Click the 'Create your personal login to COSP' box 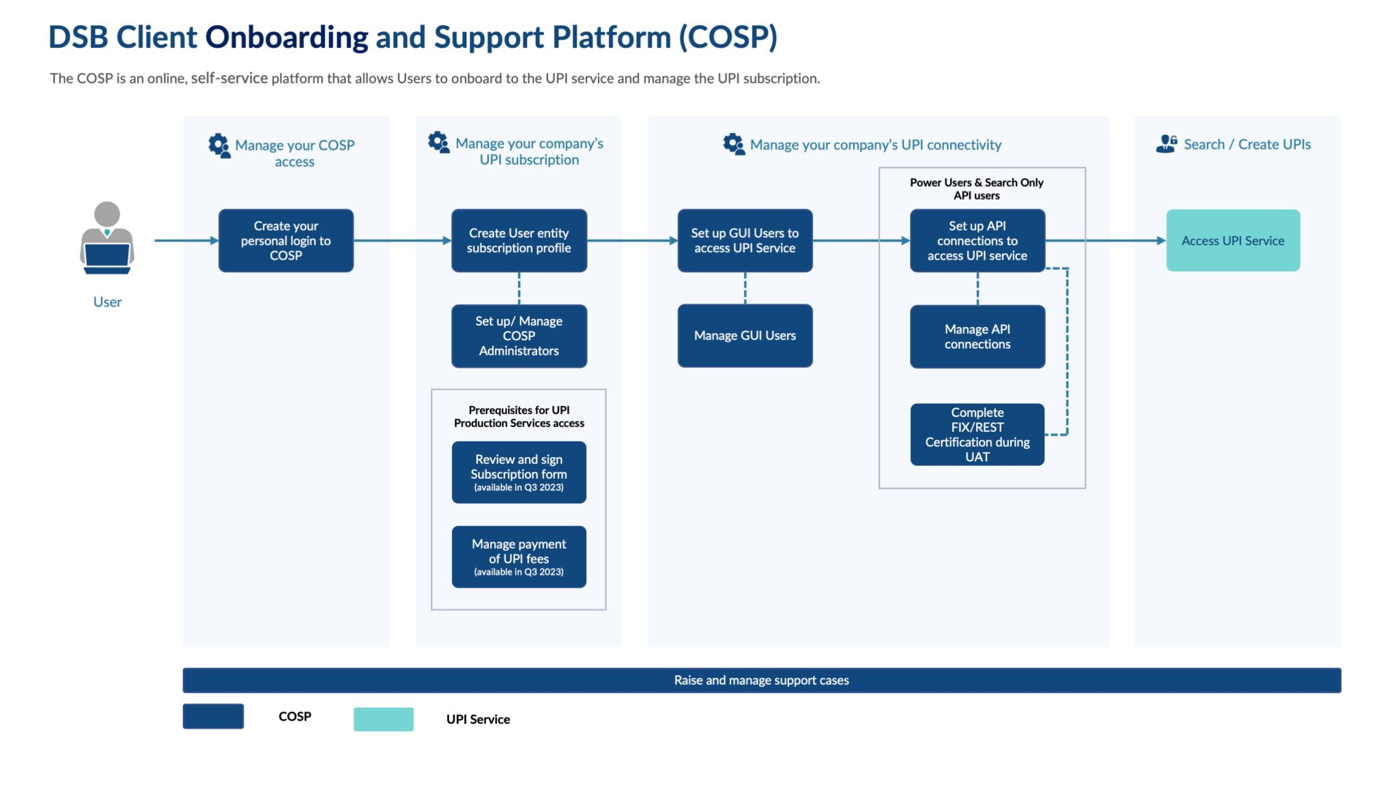point(285,241)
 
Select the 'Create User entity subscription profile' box point(519,241)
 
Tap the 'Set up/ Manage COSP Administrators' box point(519,336)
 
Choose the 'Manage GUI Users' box point(745,336)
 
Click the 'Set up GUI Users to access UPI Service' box point(745,241)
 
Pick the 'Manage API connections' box point(977,336)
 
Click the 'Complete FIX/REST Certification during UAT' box point(977,435)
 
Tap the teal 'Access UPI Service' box point(1233,241)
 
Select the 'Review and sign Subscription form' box point(519,472)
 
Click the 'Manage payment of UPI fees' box point(519,557)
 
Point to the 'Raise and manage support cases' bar point(761,680)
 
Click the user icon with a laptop point(107,238)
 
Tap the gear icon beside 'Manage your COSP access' point(219,145)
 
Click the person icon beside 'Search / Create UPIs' point(1166,144)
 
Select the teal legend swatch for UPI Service point(383,719)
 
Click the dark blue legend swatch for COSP point(213,716)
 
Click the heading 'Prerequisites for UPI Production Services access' point(519,416)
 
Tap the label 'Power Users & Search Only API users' point(976,189)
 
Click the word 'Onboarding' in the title point(286,38)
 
